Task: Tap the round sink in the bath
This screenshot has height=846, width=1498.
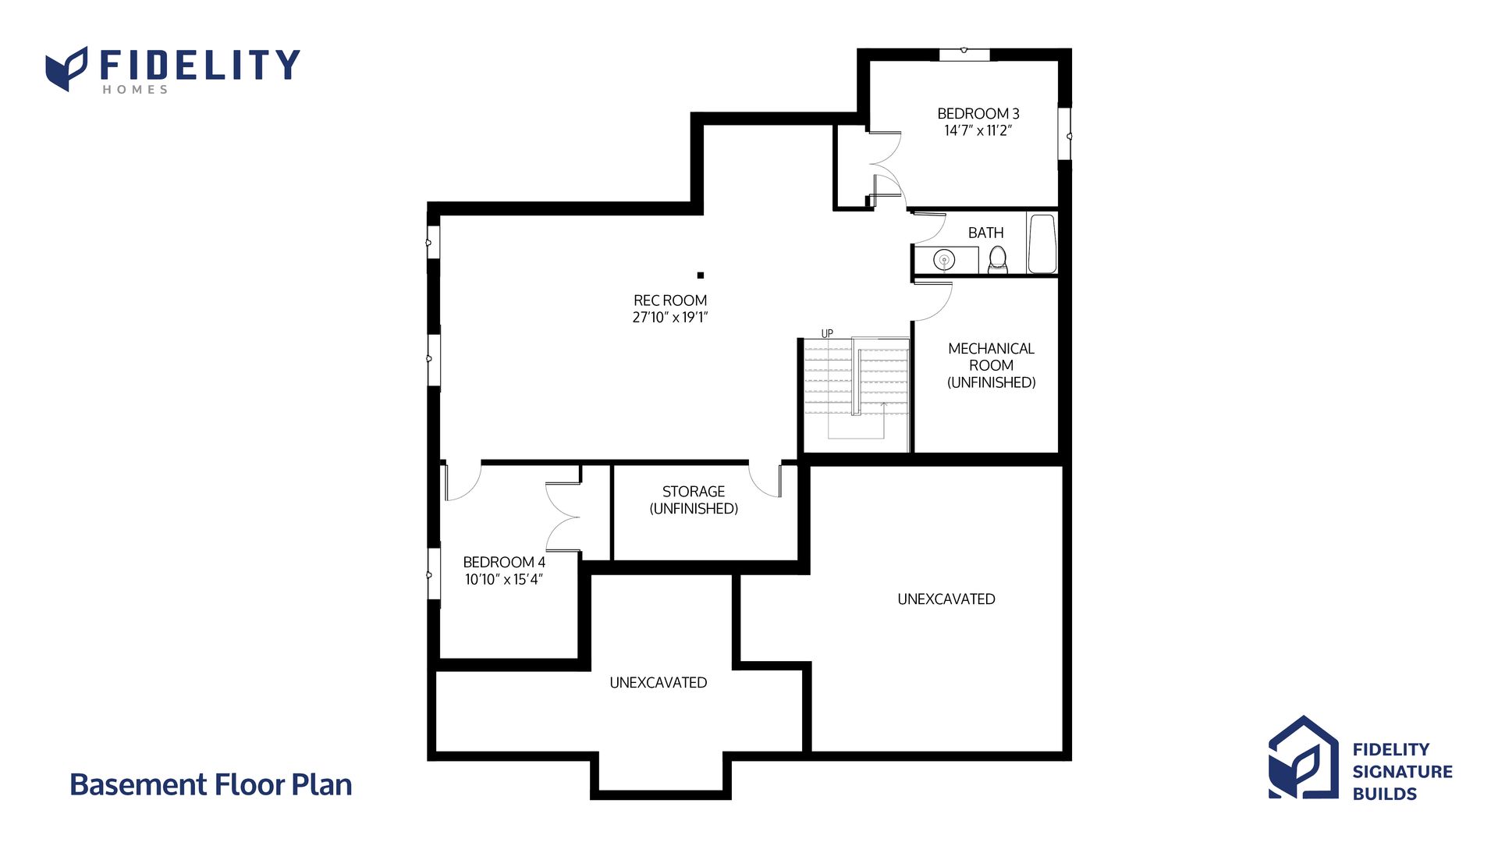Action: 944,260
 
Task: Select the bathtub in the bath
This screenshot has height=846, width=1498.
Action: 1042,243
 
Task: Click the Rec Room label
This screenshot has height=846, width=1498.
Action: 670,300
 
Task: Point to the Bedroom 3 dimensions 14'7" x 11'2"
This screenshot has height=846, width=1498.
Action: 978,130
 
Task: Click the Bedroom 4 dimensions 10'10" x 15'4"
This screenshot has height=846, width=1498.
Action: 504,579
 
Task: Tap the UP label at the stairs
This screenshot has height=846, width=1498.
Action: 827,333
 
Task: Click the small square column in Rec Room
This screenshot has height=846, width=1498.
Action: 701,275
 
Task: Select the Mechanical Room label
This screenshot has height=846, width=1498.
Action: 992,365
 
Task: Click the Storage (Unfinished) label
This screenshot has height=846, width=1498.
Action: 694,499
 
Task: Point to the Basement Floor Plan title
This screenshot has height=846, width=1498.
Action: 211,784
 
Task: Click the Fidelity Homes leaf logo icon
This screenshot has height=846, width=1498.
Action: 66,69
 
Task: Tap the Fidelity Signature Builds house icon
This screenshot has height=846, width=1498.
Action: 1303,758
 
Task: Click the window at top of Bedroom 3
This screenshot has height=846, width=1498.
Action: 964,54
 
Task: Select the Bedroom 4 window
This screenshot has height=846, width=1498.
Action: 433,574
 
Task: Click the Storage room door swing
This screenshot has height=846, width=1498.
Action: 765,480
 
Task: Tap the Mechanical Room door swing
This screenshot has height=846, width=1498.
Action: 933,302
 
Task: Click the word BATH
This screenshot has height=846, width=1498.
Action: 985,233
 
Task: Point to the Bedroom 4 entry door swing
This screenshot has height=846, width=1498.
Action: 462,482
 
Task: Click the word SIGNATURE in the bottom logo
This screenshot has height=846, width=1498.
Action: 1402,772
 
